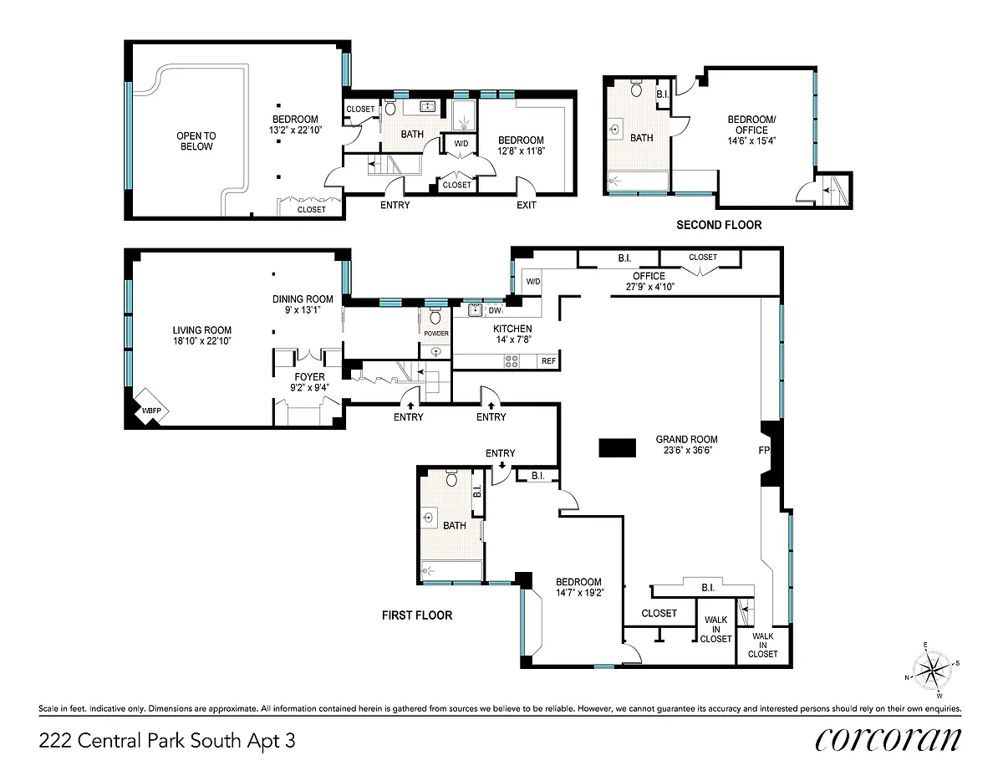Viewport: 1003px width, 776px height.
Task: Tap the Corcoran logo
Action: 888,740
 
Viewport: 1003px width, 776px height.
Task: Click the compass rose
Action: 932,669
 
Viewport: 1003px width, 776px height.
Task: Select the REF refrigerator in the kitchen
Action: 548,361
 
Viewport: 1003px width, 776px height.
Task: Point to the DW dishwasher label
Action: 495,311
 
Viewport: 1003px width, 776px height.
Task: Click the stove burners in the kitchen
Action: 512,361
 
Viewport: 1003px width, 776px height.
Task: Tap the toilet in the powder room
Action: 435,317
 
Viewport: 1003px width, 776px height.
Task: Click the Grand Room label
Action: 686,440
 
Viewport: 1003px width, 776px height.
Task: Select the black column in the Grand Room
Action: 617,447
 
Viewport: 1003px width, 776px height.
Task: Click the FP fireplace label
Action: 764,450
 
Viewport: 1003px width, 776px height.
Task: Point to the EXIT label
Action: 527,205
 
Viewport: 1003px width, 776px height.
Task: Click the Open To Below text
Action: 196,141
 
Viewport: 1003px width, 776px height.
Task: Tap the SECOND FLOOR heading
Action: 719,225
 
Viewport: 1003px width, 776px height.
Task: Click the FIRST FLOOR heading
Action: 417,615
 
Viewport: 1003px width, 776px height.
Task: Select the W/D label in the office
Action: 533,282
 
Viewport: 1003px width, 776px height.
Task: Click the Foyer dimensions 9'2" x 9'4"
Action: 310,388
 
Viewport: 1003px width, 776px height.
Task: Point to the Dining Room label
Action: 303,299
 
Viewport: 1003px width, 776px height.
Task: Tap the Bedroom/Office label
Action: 751,125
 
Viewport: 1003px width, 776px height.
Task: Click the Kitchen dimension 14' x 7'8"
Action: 512,339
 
